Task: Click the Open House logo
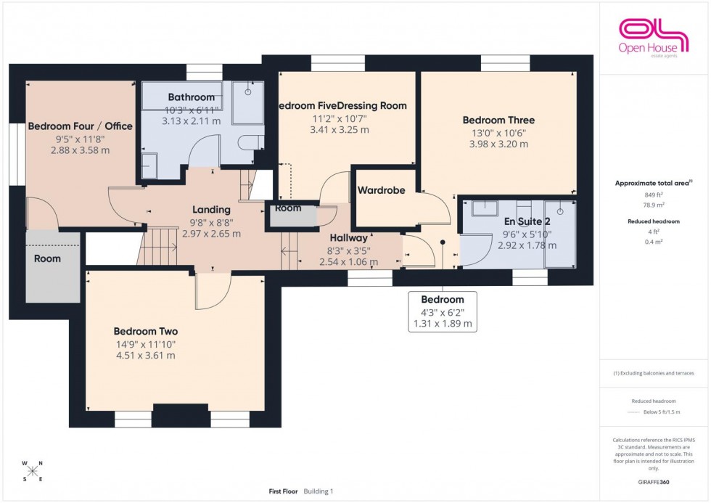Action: point(652,36)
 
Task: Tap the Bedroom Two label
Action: point(146,332)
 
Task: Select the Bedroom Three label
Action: point(498,120)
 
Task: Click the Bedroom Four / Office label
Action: point(80,126)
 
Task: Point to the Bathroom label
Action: point(192,97)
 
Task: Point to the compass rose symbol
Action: point(32,470)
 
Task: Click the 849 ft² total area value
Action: point(655,195)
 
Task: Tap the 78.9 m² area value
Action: point(655,205)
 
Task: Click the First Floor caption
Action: point(284,491)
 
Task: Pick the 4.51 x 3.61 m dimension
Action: point(146,356)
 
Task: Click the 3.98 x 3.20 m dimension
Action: point(498,144)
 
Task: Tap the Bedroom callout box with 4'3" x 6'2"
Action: point(443,311)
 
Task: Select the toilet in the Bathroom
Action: point(248,141)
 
